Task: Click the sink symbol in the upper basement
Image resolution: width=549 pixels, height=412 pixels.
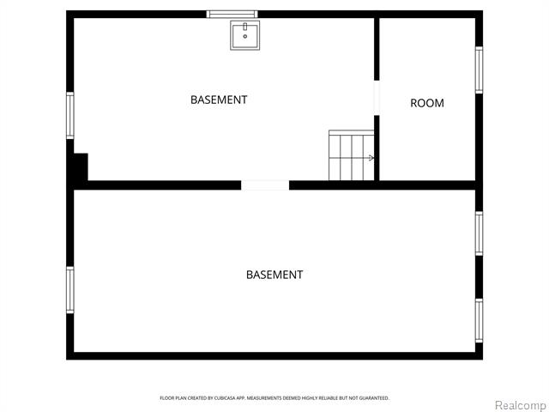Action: tap(244, 36)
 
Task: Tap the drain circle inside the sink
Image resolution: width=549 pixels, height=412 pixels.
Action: tap(244, 37)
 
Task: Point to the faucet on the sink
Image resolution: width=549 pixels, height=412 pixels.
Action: tap(244, 27)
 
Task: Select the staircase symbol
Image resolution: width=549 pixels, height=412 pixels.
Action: tap(352, 155)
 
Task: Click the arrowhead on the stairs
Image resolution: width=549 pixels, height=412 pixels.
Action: tap(371, 158)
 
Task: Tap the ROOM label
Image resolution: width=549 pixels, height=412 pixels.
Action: tap(427, 103)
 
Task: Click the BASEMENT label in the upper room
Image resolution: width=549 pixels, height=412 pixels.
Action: tap(219, 100)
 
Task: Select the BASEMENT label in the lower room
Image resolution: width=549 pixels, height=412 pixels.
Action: tap(274, 275)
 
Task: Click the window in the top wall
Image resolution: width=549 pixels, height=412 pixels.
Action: tap(232, 14)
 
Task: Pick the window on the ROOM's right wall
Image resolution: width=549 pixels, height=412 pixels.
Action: tap(479, 70)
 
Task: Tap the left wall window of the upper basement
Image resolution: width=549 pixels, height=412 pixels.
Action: tap(70, 115)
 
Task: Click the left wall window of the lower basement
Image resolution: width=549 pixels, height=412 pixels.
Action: tap(70, 289)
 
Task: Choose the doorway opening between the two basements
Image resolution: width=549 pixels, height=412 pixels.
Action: tap(265, 185)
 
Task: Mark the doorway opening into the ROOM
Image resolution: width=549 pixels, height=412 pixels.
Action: tap(377, 98)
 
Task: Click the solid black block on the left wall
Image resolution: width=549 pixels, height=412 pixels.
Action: tap(80, 167)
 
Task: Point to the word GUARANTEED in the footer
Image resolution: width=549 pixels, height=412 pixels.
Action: tap(374, 398)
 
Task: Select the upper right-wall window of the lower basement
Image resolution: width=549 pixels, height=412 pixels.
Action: tap(479, 233)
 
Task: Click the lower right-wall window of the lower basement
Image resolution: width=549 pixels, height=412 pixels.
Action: tap(479, 320)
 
